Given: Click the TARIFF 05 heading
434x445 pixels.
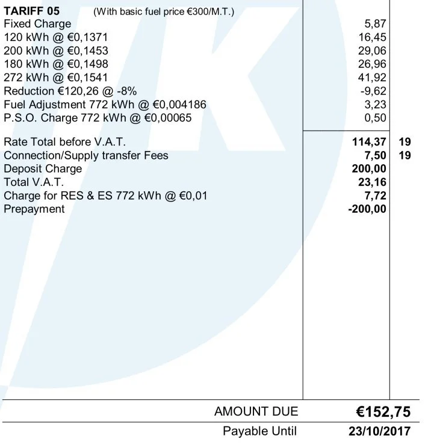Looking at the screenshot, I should pos(33,11).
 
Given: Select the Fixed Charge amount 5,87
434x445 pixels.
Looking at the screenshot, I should pos(376,24).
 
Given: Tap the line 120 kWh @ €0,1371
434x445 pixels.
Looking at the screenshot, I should pos(56,37).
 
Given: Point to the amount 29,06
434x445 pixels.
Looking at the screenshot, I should pos(372,51).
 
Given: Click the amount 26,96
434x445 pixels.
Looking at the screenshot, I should pos(372,64).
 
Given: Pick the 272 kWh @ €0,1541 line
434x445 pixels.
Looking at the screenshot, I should pos(56,78).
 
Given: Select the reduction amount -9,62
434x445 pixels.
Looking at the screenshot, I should pos(372,91).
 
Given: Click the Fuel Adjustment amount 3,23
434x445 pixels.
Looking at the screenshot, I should pos(376,104).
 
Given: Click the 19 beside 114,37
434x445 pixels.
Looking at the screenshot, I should pos(405,142).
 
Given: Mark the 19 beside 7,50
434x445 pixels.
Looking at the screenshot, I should pos(405,155).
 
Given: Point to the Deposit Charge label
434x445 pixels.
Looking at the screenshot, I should pos(42,168).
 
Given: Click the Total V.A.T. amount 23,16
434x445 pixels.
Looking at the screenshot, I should pos(372,182).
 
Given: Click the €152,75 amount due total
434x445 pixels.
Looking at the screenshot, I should pos(382,412).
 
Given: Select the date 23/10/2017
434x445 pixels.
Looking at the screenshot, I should pos(379,431).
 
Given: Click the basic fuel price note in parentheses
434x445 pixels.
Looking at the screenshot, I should pos(164,11).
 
